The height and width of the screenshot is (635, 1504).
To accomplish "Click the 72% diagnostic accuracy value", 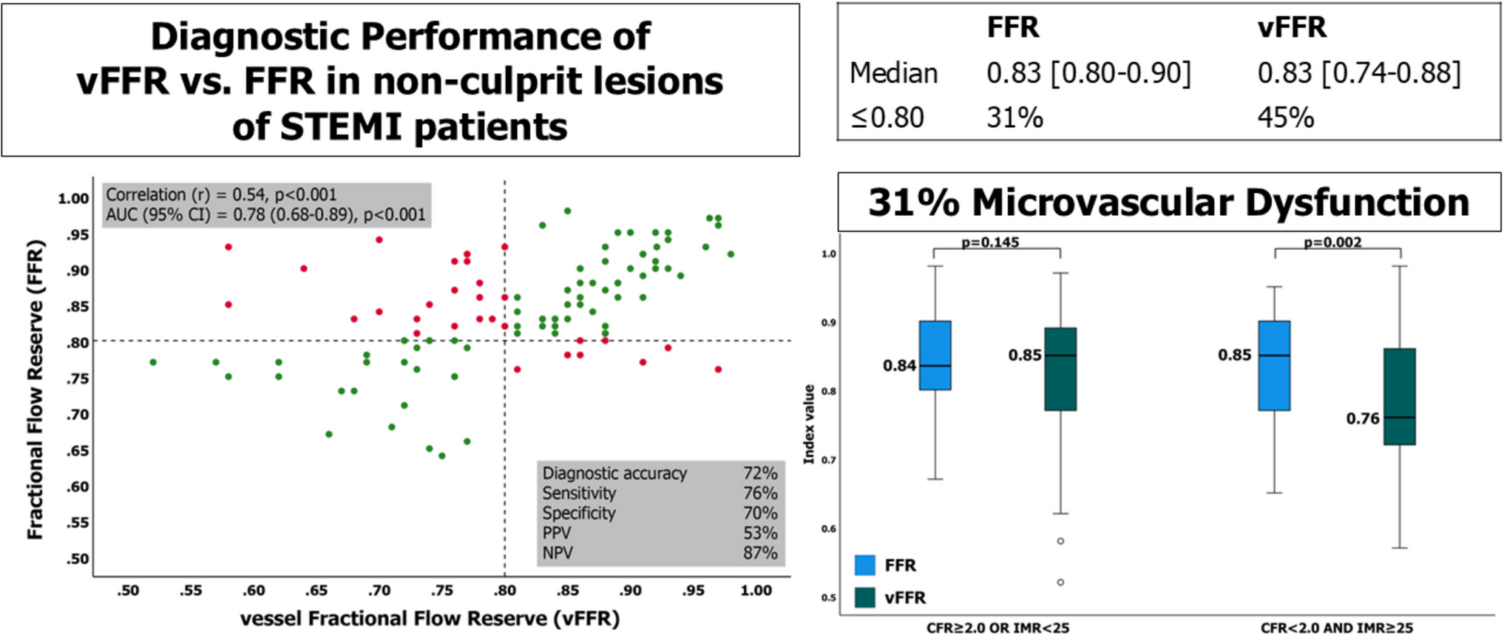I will click(759, 473).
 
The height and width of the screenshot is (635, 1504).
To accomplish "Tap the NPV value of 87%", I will click(759, 553).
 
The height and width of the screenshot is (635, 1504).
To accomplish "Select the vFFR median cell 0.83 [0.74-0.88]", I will click(1359, 73).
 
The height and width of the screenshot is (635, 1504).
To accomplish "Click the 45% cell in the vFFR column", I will click(1285, 118).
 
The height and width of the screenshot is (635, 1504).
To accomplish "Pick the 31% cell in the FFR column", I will click(1014, 118).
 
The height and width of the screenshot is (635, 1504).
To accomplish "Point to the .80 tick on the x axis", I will click(505, 591).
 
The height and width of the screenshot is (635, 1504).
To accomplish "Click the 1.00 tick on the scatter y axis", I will click(73, 198).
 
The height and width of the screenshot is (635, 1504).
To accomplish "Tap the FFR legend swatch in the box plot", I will click(865, 566).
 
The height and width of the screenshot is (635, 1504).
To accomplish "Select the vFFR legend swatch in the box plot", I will click(865, 597).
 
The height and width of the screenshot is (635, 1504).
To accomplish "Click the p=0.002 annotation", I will click(1332, 242).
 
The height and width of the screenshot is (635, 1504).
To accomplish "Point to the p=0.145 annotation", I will click(990, 242).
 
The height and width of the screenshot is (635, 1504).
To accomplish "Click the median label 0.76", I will click(1362, 419).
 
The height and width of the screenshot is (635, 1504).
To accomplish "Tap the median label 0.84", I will click(899, 366).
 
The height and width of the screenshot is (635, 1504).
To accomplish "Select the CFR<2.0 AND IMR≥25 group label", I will click(1336, 628).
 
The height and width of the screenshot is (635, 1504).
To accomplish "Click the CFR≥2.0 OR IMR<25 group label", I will click(997, 628).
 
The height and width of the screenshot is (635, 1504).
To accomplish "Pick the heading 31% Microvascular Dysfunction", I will click(1168, 203).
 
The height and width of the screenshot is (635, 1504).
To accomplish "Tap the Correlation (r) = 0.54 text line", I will click(221, 194).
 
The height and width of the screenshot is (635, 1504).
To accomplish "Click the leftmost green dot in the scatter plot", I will click(153, 362).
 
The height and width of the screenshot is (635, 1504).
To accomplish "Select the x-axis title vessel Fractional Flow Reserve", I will click(430, 618).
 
